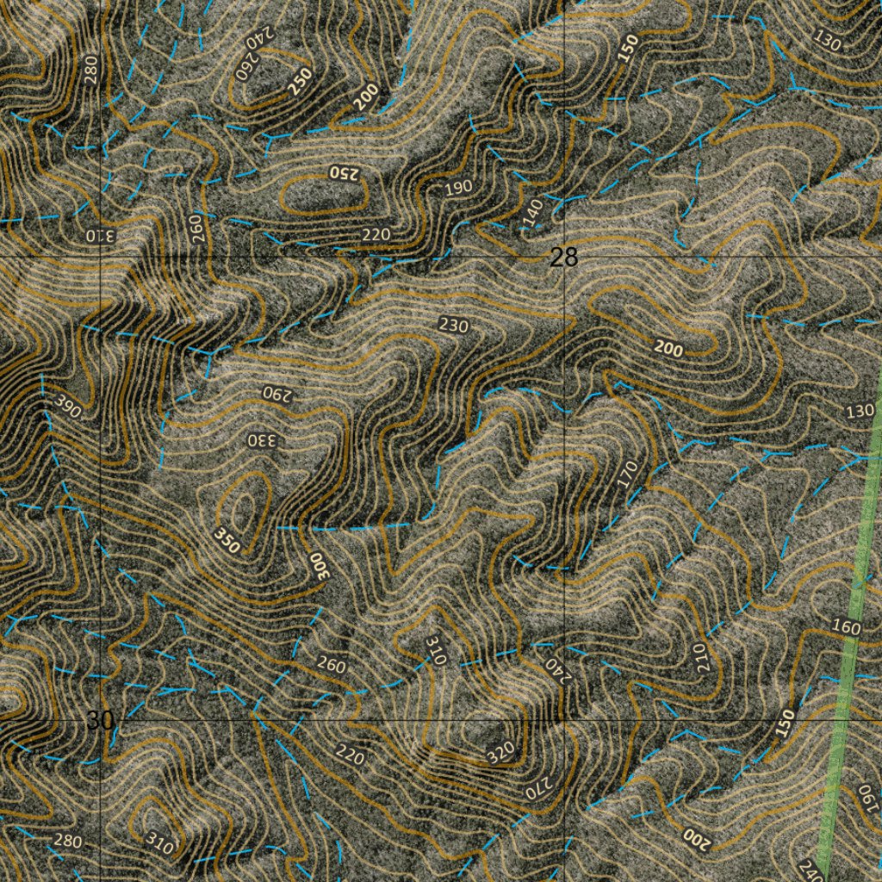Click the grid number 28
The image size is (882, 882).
[x=563, y=257]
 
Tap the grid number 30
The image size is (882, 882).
[x=99, y=720]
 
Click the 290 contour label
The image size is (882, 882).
[x=277, y=393]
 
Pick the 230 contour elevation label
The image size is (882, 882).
[x=453, y=325]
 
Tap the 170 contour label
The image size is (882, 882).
[x=627, y=473]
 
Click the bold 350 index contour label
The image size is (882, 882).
[x=226, y=540]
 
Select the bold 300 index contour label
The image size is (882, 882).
[x=320, y=565]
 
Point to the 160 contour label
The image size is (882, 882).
[x=847, y=627]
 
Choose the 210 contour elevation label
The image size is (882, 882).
[x=699, y=657]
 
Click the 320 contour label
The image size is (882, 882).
[x=500, y=752]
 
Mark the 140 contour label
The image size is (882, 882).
[x=533, y=213]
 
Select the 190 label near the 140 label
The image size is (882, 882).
[x=459, y=189]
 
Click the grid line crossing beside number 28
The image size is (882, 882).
[x=563, y=257]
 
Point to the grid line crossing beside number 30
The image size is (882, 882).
[x=102, y=718]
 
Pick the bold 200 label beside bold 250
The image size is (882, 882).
[x=365, y=98]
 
